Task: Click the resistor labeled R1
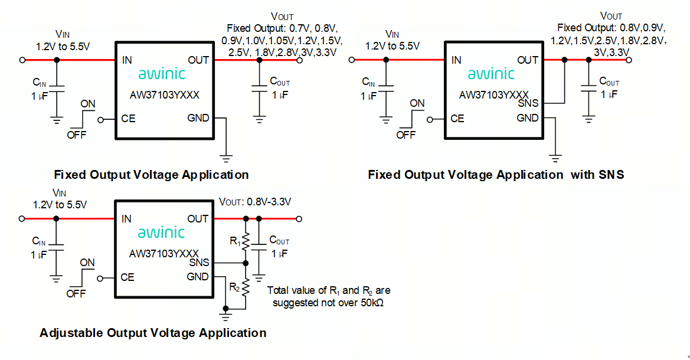pyautogui.click(x=246, y=240)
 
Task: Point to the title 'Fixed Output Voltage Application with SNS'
pyautogui.click(x=496, y=175)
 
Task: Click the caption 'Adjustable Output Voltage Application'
pyautogui.click(x=153, y=333)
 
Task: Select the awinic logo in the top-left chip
pyautogui.click(x=161, y=74)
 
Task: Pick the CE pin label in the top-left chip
pyautogui.click(x=128, y=119)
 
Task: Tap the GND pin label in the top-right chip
pyautogui.click(x=528, y=118)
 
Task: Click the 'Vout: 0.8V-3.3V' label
pyautogui.click(x=255, y=202)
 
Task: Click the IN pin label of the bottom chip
pyautogui.click(x=126, y=219)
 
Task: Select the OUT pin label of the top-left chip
pyautogui.click(x=198, y=60)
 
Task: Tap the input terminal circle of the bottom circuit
pyautogui.click(x=22, y=219)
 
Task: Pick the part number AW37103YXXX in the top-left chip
pyautogui.click(x=163, y=94)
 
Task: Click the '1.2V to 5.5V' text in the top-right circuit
pyautogui.click(x=393, y=45)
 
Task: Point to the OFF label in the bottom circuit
pyautogui.click(x=76, y=293)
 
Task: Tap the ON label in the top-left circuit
pyautogui.click(x=88, y=104)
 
